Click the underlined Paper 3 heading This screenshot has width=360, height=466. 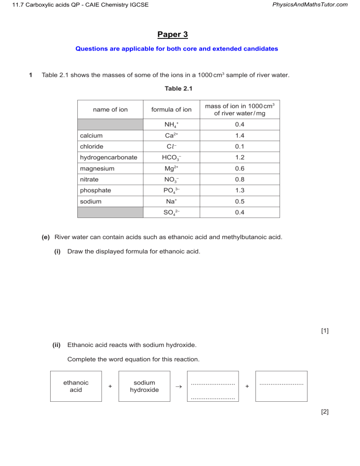tap(172, 35)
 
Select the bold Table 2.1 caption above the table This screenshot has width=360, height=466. tap(179, 88)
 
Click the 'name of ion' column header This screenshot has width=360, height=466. tap(110, 110)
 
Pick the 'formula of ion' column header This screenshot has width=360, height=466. tap(171, 110)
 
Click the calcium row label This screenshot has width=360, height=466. tap(91, 135)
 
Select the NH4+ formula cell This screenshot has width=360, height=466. tap(171, 125)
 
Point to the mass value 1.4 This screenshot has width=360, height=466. tap(240, 135)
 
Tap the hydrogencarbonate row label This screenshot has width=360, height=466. tap(108, 158)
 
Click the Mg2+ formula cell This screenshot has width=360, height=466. tap(171, 168)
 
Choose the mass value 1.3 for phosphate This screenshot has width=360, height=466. tap(240, 190)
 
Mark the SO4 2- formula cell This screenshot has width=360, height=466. tap(171, 212)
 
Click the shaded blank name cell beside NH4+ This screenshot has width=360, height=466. tap(110, 125)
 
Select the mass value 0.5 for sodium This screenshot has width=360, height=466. tap(240, 202)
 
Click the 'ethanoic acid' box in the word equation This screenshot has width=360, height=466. tap(76, 386)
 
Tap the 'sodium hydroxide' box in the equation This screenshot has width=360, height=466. tap(144, 386)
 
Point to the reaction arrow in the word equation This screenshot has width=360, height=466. tap(178, 387)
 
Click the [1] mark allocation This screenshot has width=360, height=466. tap(325, 331)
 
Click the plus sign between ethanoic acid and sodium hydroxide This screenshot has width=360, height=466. tap(110, 386)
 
